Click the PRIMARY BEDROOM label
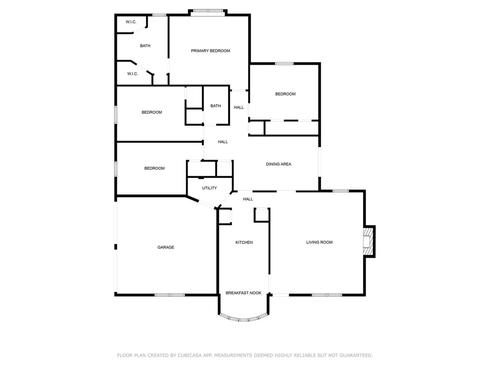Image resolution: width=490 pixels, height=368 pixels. click(211, 50)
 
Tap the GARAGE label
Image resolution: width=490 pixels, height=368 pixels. click(166, 247)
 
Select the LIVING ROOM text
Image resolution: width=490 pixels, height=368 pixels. click(319, 242)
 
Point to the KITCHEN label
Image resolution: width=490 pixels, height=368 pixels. click(244, 243)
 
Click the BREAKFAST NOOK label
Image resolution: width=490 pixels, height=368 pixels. click(243, 293)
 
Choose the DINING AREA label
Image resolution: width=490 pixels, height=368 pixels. click(279, 164)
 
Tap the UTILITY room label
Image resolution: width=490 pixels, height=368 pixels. click(209, 188)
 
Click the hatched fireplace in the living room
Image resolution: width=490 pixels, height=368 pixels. click(368, 242)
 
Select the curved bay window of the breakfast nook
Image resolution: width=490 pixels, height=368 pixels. click(243, 318)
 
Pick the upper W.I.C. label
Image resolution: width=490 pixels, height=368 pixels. click(131, 22)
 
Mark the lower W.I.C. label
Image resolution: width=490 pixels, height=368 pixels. click(133, 74)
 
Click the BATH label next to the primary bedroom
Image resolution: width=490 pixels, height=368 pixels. click(145, 46)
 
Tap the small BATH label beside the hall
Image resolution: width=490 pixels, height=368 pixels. click(216, 106)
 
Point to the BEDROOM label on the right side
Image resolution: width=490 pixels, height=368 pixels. click(285, 94)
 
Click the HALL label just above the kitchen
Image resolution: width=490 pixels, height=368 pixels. click(248, 199)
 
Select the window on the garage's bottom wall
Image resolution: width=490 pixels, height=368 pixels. click(170, 295)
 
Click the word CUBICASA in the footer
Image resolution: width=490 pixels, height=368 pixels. click(190, 356)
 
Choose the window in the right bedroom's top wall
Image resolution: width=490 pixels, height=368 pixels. click(284, 63)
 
